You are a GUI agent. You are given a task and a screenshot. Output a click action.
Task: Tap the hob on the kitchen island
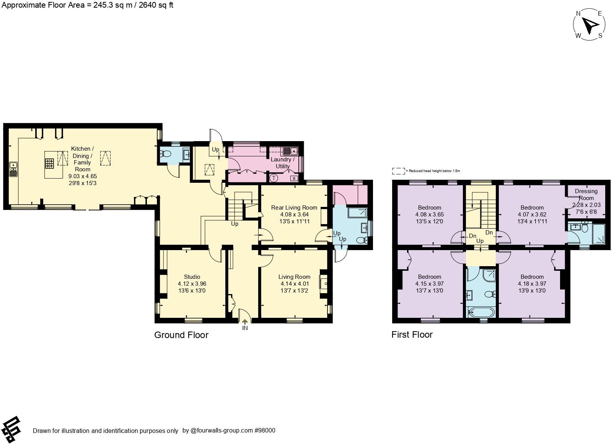tap(49, 164)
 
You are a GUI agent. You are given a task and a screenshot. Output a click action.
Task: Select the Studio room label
tap(192, 276)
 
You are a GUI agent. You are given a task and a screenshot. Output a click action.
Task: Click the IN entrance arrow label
tap(245, 328)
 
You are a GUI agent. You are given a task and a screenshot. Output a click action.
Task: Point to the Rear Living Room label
tap(294, 207)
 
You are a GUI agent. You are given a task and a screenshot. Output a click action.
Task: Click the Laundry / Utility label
tap(283, 163)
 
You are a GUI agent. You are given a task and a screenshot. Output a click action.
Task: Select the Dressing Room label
tap(586, 194)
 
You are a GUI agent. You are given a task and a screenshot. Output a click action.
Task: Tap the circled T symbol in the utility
tap(274, 178)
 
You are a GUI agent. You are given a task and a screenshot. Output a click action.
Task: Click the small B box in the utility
tap(294, 178)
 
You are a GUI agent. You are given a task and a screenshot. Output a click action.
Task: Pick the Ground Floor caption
tap(181, 335)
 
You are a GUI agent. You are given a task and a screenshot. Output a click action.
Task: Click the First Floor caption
tap(412, 335)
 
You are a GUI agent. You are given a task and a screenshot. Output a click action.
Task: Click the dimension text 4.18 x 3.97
tap(532, 284)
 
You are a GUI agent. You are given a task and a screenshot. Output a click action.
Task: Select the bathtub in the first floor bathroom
tap(481, 312)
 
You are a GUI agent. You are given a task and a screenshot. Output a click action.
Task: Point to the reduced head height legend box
tap(398, 171)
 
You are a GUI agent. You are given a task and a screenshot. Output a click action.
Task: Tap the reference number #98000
tap(265, 430)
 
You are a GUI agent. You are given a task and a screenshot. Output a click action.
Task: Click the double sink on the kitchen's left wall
tap(13, 169)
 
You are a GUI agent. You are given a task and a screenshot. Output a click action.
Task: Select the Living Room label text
tap(294, 276)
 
